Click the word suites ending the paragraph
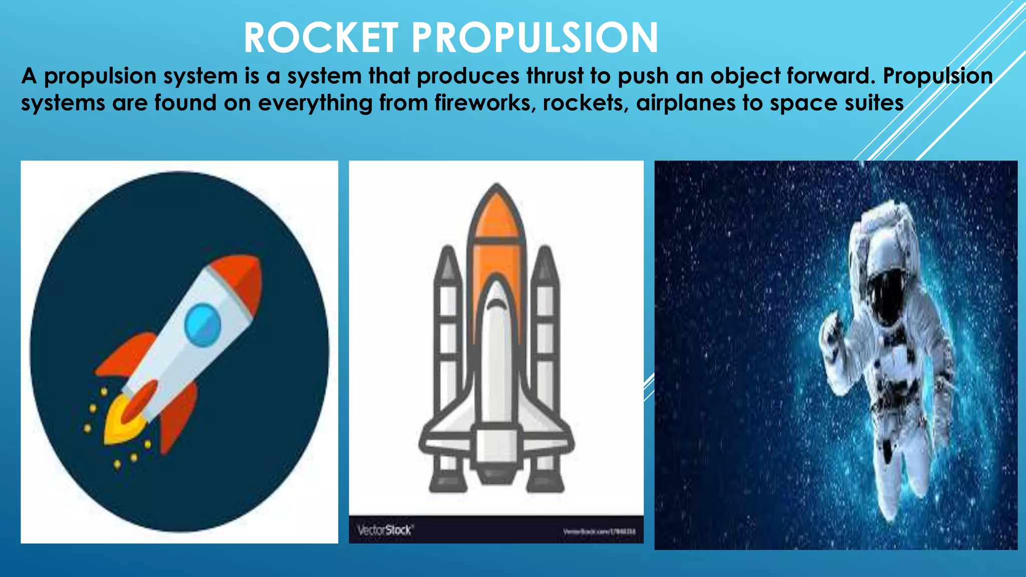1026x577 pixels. click(874, 103)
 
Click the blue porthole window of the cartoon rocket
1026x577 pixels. click(202, 325)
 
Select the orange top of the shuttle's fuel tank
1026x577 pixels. click(496, 215)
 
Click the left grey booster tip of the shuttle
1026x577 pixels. click(447, 263)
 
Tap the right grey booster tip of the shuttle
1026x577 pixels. click(545, 263)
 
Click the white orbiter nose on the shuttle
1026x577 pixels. click(496, 301)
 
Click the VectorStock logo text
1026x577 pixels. click(385, 530)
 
